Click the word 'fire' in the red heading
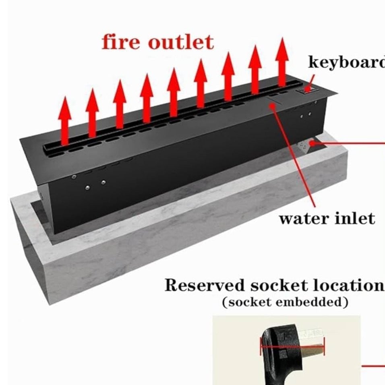[x=122, y=42]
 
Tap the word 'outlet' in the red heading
[x=181, y=42]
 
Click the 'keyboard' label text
[x=347, y=62]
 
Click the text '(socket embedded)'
[x=285, y=302]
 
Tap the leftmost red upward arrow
[x=65, y=120]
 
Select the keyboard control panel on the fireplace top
[x=307, y=91]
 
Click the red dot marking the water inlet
[x=272, y=106]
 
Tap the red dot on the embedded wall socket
[x=313, y=143]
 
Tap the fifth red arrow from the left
[x=174, y=92]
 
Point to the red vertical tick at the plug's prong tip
[x=324, y=346]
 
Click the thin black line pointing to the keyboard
[x=310, y=81]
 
